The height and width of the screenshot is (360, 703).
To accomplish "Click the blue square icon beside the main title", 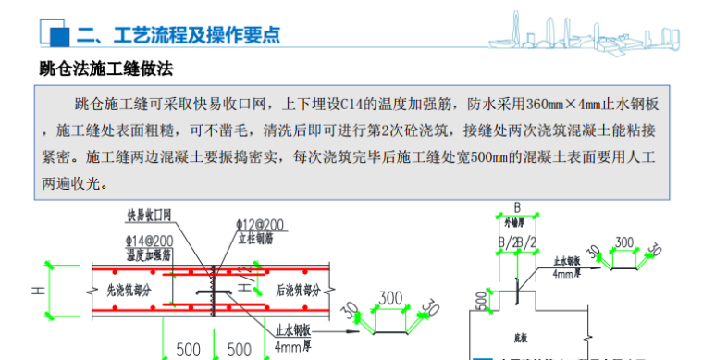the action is (56, 35).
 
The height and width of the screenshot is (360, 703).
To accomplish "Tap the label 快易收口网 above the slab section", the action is (150, 215).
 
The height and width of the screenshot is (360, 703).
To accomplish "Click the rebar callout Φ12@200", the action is (262, 225).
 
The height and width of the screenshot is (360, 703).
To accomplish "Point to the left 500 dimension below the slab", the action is (188, 350).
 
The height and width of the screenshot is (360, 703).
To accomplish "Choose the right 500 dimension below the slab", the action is (240, 350).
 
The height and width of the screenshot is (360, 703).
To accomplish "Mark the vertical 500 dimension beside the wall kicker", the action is (481, 299).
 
